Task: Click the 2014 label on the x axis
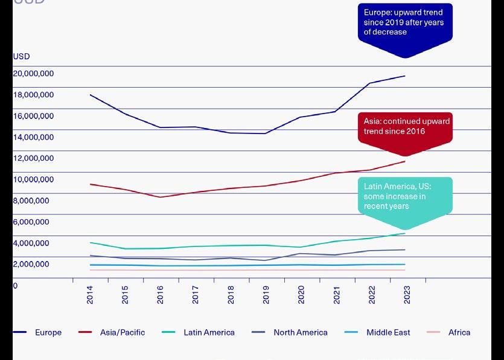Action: click(90, 295)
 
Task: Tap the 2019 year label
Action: click(266, 295)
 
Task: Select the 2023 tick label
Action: click(407, 295)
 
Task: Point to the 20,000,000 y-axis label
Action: click(33, 74)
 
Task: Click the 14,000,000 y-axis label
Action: click(33, 137)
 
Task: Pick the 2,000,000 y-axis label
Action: click(31, 264)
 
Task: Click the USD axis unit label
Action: click(21, 57)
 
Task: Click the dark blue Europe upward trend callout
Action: click(404, 23)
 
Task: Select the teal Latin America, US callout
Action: click(404, 196)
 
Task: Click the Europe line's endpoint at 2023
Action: click(405, 76)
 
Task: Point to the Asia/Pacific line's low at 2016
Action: click(161, 197)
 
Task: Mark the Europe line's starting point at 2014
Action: click(90, 95)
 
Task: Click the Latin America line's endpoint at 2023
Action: click(405, 233)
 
